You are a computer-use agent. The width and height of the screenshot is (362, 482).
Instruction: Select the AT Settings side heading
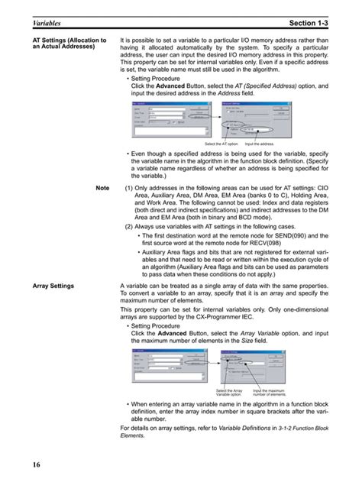coord(65,43)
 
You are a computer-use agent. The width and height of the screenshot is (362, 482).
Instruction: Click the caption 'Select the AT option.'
coord(221,144)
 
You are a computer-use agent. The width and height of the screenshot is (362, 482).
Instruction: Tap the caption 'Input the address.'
coord(260,144)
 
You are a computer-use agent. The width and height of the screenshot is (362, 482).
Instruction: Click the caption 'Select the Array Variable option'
coord(228,392)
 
